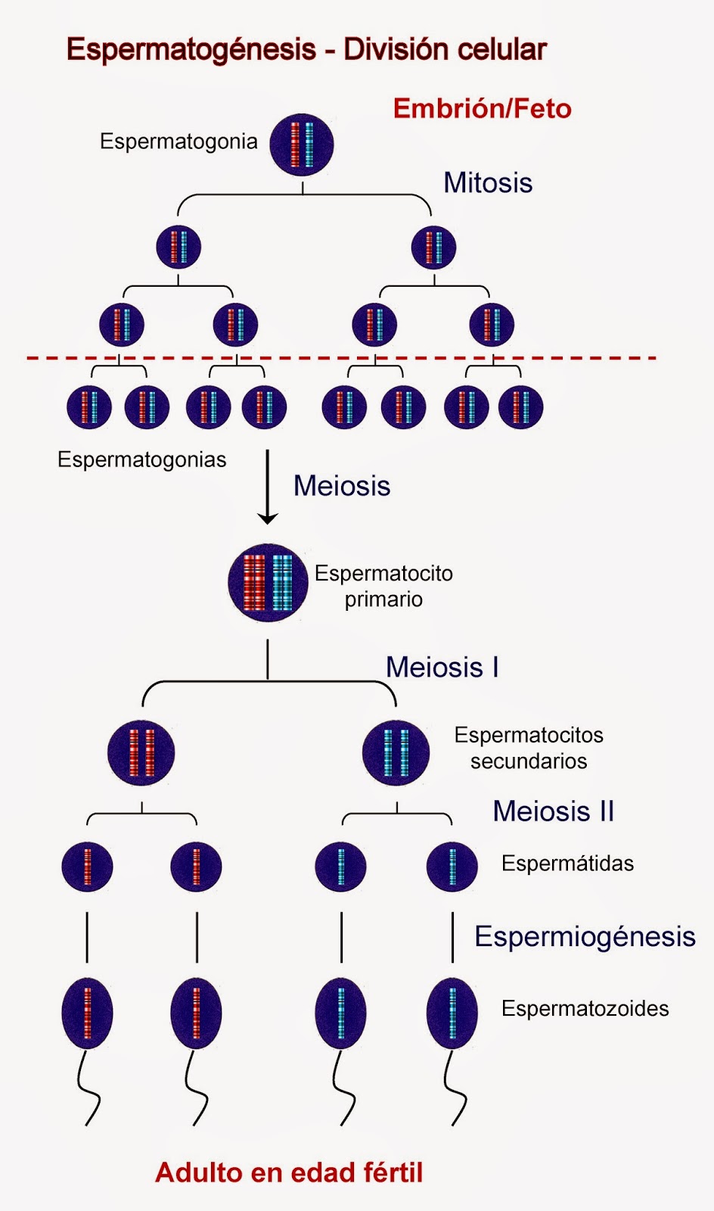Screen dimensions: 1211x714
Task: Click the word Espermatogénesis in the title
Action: click(191, 50)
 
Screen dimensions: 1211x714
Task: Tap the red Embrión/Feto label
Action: click(482, 109)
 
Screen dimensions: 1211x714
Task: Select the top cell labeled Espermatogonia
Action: click(302, 145)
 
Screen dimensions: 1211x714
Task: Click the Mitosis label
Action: click(488, 183)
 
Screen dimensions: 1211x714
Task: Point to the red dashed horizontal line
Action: click(340, 357)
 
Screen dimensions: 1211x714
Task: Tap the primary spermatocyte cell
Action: click(268, 583)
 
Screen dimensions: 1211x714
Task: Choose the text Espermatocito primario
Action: click(383, 586)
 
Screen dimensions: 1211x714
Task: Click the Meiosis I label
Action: click(442, 668)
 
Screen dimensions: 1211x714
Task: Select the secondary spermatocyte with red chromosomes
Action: click(141, 753)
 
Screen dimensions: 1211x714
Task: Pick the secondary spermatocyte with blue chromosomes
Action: click(396, 753)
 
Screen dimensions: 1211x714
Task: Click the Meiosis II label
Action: click(553, 811)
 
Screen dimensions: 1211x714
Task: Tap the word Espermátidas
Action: click(567, 864)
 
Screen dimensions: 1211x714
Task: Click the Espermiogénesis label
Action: click(585, 937)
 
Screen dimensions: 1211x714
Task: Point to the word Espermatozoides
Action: click(585, 1009)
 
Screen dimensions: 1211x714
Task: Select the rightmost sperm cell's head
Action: click(452, 1013)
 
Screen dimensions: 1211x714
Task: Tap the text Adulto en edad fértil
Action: click(289, 1172)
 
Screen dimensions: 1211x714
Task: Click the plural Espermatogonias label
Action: click(141, 460)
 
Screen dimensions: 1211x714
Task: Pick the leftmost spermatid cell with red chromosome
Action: click(87, 867)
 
